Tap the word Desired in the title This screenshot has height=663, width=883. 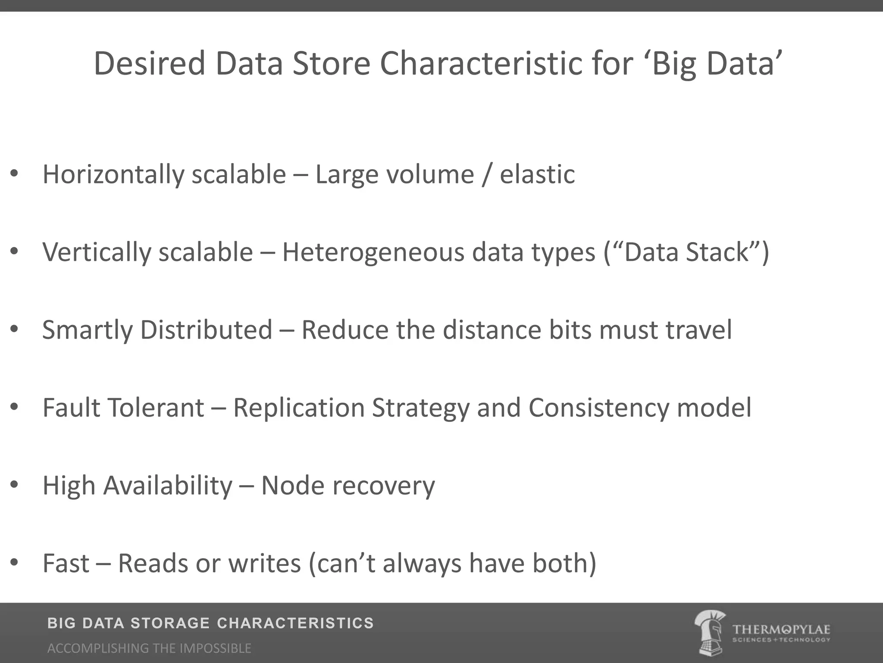click(x=149, y=64)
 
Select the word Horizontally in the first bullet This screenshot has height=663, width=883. click(x=113, y=175)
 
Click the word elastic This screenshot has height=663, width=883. click(x=537, y=175)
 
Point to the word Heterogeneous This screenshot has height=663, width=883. click(x=373, y=252)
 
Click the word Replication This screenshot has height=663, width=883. click(x=299, y=408)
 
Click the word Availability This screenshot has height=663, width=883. click(x=168, y=486)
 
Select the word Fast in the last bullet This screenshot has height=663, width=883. click(x=66, y=563)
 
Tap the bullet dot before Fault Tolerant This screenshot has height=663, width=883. click(x=14, y=407)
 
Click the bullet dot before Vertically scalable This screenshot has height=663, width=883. click(x=14, y=251)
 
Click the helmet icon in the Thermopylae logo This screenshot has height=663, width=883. click(x=710, y=632)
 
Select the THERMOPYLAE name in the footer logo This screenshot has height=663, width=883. click(x=781, y=629)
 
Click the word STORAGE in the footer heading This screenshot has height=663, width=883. click(x=170, y=623)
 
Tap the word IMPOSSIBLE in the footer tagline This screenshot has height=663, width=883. click(x=215, y=648)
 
